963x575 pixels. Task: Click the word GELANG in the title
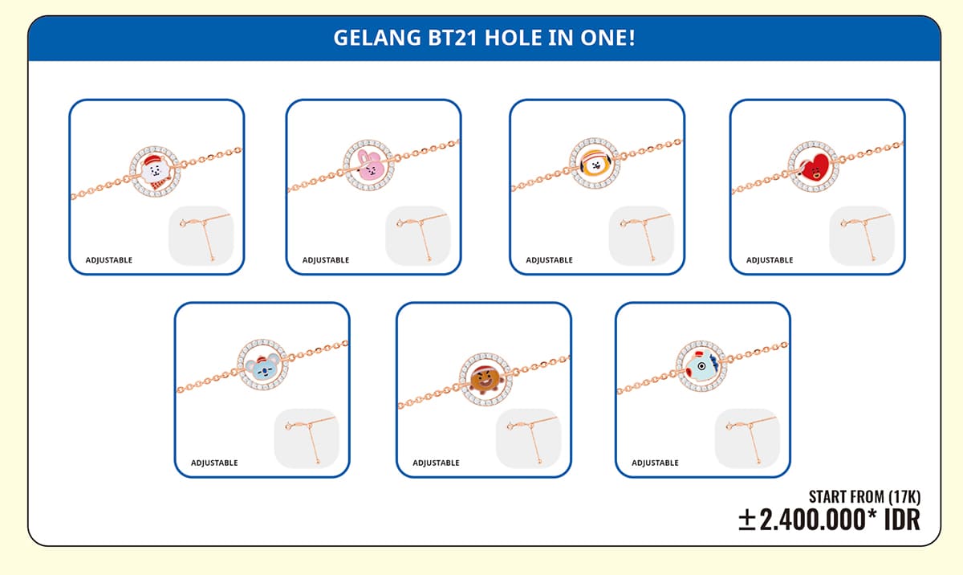pos(377,38)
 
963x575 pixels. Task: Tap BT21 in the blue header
pos(453,38)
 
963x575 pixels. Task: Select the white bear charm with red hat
pos(156,172)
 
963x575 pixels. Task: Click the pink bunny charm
pos(369,165)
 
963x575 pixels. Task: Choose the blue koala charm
pos(262,365)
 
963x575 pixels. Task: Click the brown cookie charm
pos(486,379)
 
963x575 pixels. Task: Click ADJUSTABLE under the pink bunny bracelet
pos(326,260)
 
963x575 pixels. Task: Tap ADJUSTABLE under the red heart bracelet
pos(770,260)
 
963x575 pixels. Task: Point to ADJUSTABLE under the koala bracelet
pos(214,463)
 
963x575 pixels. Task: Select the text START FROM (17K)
pos(864,497)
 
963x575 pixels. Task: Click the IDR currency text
pos(902,520)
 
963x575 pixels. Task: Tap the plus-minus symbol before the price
pos(747,520)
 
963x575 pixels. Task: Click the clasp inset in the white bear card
pos(201,235)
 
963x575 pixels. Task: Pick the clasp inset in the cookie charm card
pos(528,438)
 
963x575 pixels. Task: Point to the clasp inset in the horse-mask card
pos(747,438)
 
